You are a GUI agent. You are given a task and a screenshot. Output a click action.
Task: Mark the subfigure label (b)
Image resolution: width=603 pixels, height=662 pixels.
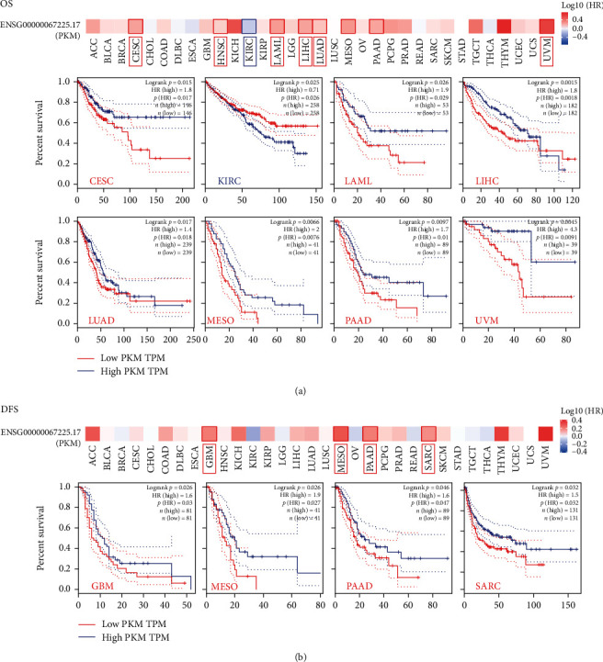coord(300,654)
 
